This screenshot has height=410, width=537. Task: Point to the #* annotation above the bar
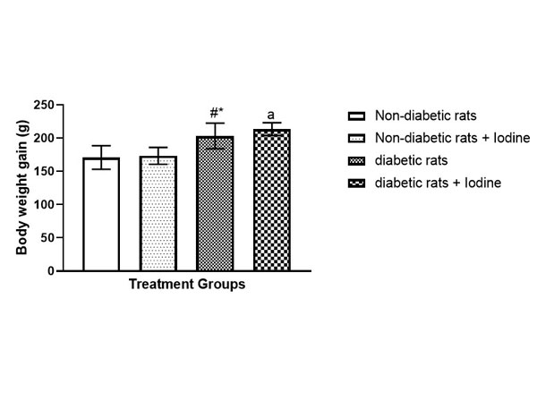pos(216,113)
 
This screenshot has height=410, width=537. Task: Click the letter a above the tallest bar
pos(271,115)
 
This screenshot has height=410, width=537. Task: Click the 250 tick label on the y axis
pos(64,105)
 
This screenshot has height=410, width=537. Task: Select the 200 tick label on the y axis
pos(64,138)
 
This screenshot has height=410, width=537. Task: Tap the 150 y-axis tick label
pos(64,171)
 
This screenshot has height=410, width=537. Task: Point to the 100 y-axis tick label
pos(64,204)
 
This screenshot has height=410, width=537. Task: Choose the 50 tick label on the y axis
pos(67,237)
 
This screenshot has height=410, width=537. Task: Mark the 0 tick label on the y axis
pos(71,270)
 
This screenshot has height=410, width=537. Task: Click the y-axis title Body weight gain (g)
pos(21,188)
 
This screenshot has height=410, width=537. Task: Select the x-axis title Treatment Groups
pos(187,286)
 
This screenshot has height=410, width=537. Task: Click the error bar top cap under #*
pos(215,124)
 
